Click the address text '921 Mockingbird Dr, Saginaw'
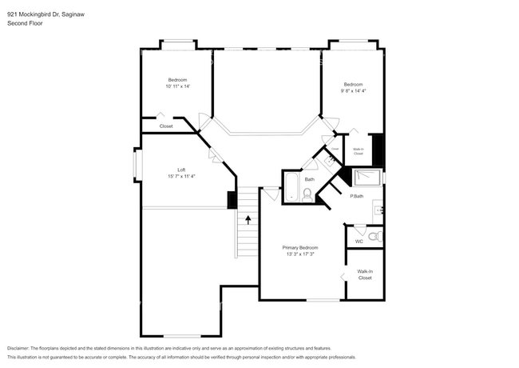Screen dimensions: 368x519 [42, 14]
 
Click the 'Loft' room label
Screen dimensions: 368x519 [181, 170]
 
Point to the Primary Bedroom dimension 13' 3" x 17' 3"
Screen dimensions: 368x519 [300, 254]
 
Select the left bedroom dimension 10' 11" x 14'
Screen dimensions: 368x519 [177, 86]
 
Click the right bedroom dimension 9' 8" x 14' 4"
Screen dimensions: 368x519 [353, 91]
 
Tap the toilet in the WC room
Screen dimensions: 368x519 [374, 237]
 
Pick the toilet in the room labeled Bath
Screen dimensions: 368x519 [307, 194]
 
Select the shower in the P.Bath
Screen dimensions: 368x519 [368, 178]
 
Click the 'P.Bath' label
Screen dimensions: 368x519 [357, 196]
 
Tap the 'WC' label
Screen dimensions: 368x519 [359, 241]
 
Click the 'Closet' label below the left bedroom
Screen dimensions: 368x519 [166, 126]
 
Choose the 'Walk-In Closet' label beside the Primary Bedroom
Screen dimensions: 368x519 [365, 274]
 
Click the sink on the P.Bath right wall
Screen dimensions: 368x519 [379, 210]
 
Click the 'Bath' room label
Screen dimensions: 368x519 [308, 179]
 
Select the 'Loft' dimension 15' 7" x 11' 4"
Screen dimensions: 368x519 [181, 176]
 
